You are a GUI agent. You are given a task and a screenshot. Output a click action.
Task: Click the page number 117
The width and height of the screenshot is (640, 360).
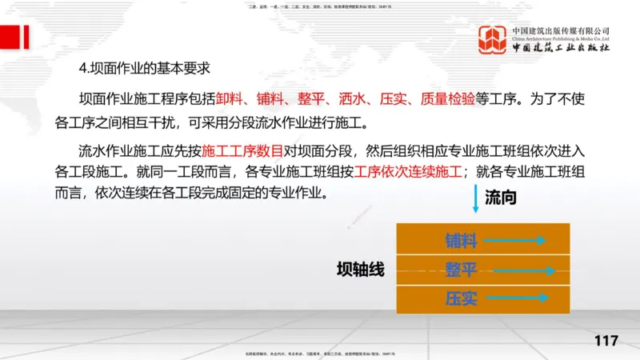coord(606,341)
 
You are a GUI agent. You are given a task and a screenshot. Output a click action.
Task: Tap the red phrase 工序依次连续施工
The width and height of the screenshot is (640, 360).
coord(409,171)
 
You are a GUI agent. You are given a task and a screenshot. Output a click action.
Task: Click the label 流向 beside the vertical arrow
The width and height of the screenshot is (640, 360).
coord(501,198)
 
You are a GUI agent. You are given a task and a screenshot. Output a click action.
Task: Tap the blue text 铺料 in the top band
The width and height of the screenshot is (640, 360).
coord(461,239)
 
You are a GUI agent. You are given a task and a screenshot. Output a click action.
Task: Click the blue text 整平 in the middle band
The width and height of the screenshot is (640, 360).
coord(461,269)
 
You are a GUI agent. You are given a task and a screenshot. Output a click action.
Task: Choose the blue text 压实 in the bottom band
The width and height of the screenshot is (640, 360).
coord(461,298)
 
